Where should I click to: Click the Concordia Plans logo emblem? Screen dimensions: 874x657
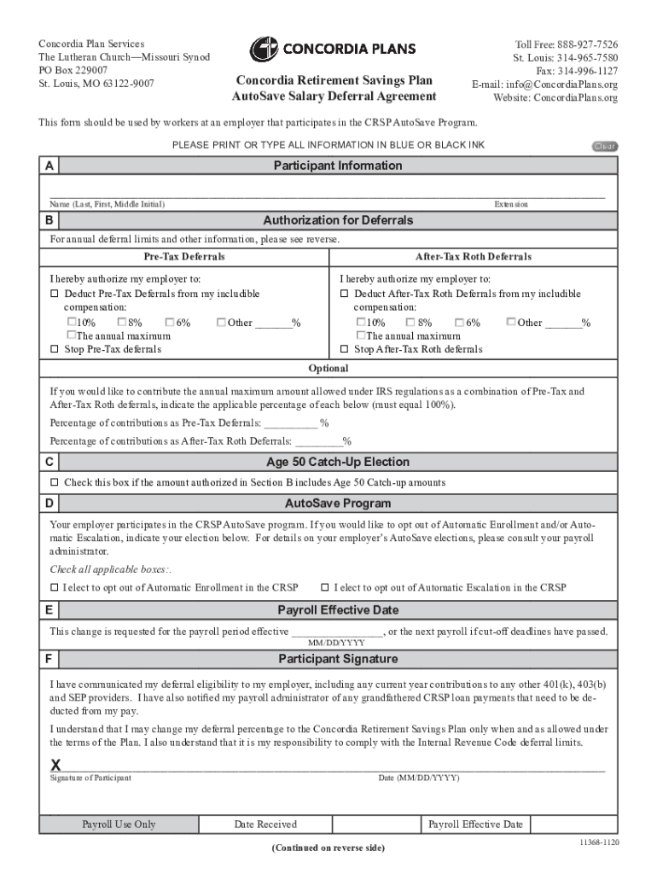point(264,50)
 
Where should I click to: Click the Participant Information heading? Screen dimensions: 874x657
point(337,166)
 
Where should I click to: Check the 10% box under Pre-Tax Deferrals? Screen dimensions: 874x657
point(72,323)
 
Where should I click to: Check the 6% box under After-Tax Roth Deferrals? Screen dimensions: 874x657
point(460,323)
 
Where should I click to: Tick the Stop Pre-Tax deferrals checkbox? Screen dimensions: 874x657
point(55,349)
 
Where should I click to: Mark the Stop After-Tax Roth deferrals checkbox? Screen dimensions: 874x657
point(345,349)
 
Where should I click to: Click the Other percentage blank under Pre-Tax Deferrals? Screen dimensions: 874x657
point(273,323)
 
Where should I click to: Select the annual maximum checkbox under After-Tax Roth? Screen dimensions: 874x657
point(360,336)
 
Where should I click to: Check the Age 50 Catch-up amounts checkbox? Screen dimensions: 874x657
point(55,483)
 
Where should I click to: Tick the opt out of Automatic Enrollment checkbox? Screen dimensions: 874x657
point(55,588)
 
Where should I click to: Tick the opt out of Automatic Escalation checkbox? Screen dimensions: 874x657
point(325,588)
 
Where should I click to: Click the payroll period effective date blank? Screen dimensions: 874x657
point(337,632)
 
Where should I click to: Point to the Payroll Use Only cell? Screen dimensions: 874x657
point(119,824)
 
